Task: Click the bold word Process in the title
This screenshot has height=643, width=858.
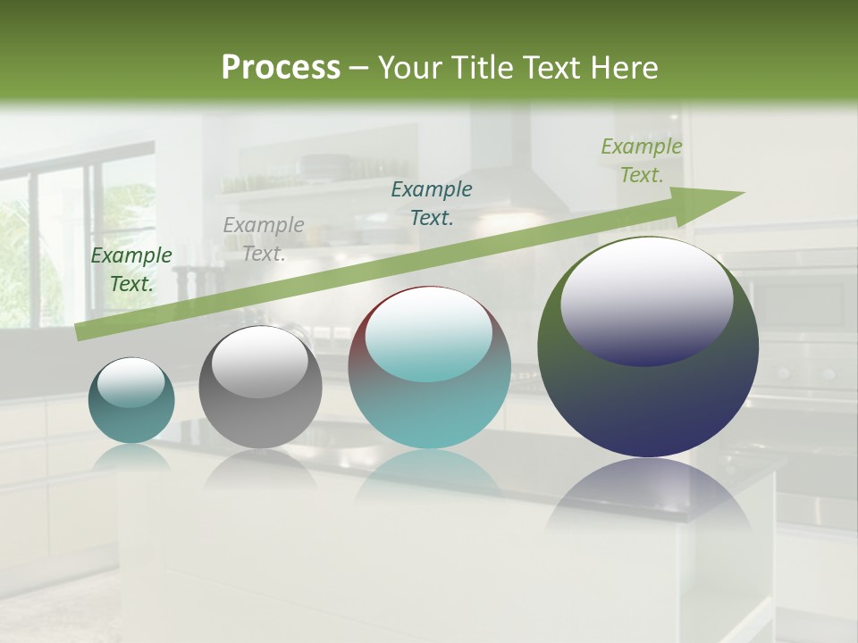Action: (x=281, y=67)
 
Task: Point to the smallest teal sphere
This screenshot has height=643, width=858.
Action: (x=131, y=401)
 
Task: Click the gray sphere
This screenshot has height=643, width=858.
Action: (x=260, y=388)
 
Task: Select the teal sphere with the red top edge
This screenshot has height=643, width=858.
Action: (x=429, y=368)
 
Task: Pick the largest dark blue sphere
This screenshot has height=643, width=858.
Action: (x=648, y=348)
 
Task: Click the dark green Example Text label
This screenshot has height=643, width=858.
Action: (x=131, y=270)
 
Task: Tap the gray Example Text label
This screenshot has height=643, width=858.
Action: (x=264, y=239)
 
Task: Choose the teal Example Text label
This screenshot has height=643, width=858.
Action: (x=432, y=203)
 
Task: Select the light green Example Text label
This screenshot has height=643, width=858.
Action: (x=642, y=161)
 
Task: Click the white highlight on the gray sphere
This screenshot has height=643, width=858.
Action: (x=259, y=361)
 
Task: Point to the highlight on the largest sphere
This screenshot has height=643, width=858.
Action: (x=646, y=302)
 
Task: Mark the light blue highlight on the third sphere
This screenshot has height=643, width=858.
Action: (x=428, y=336)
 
